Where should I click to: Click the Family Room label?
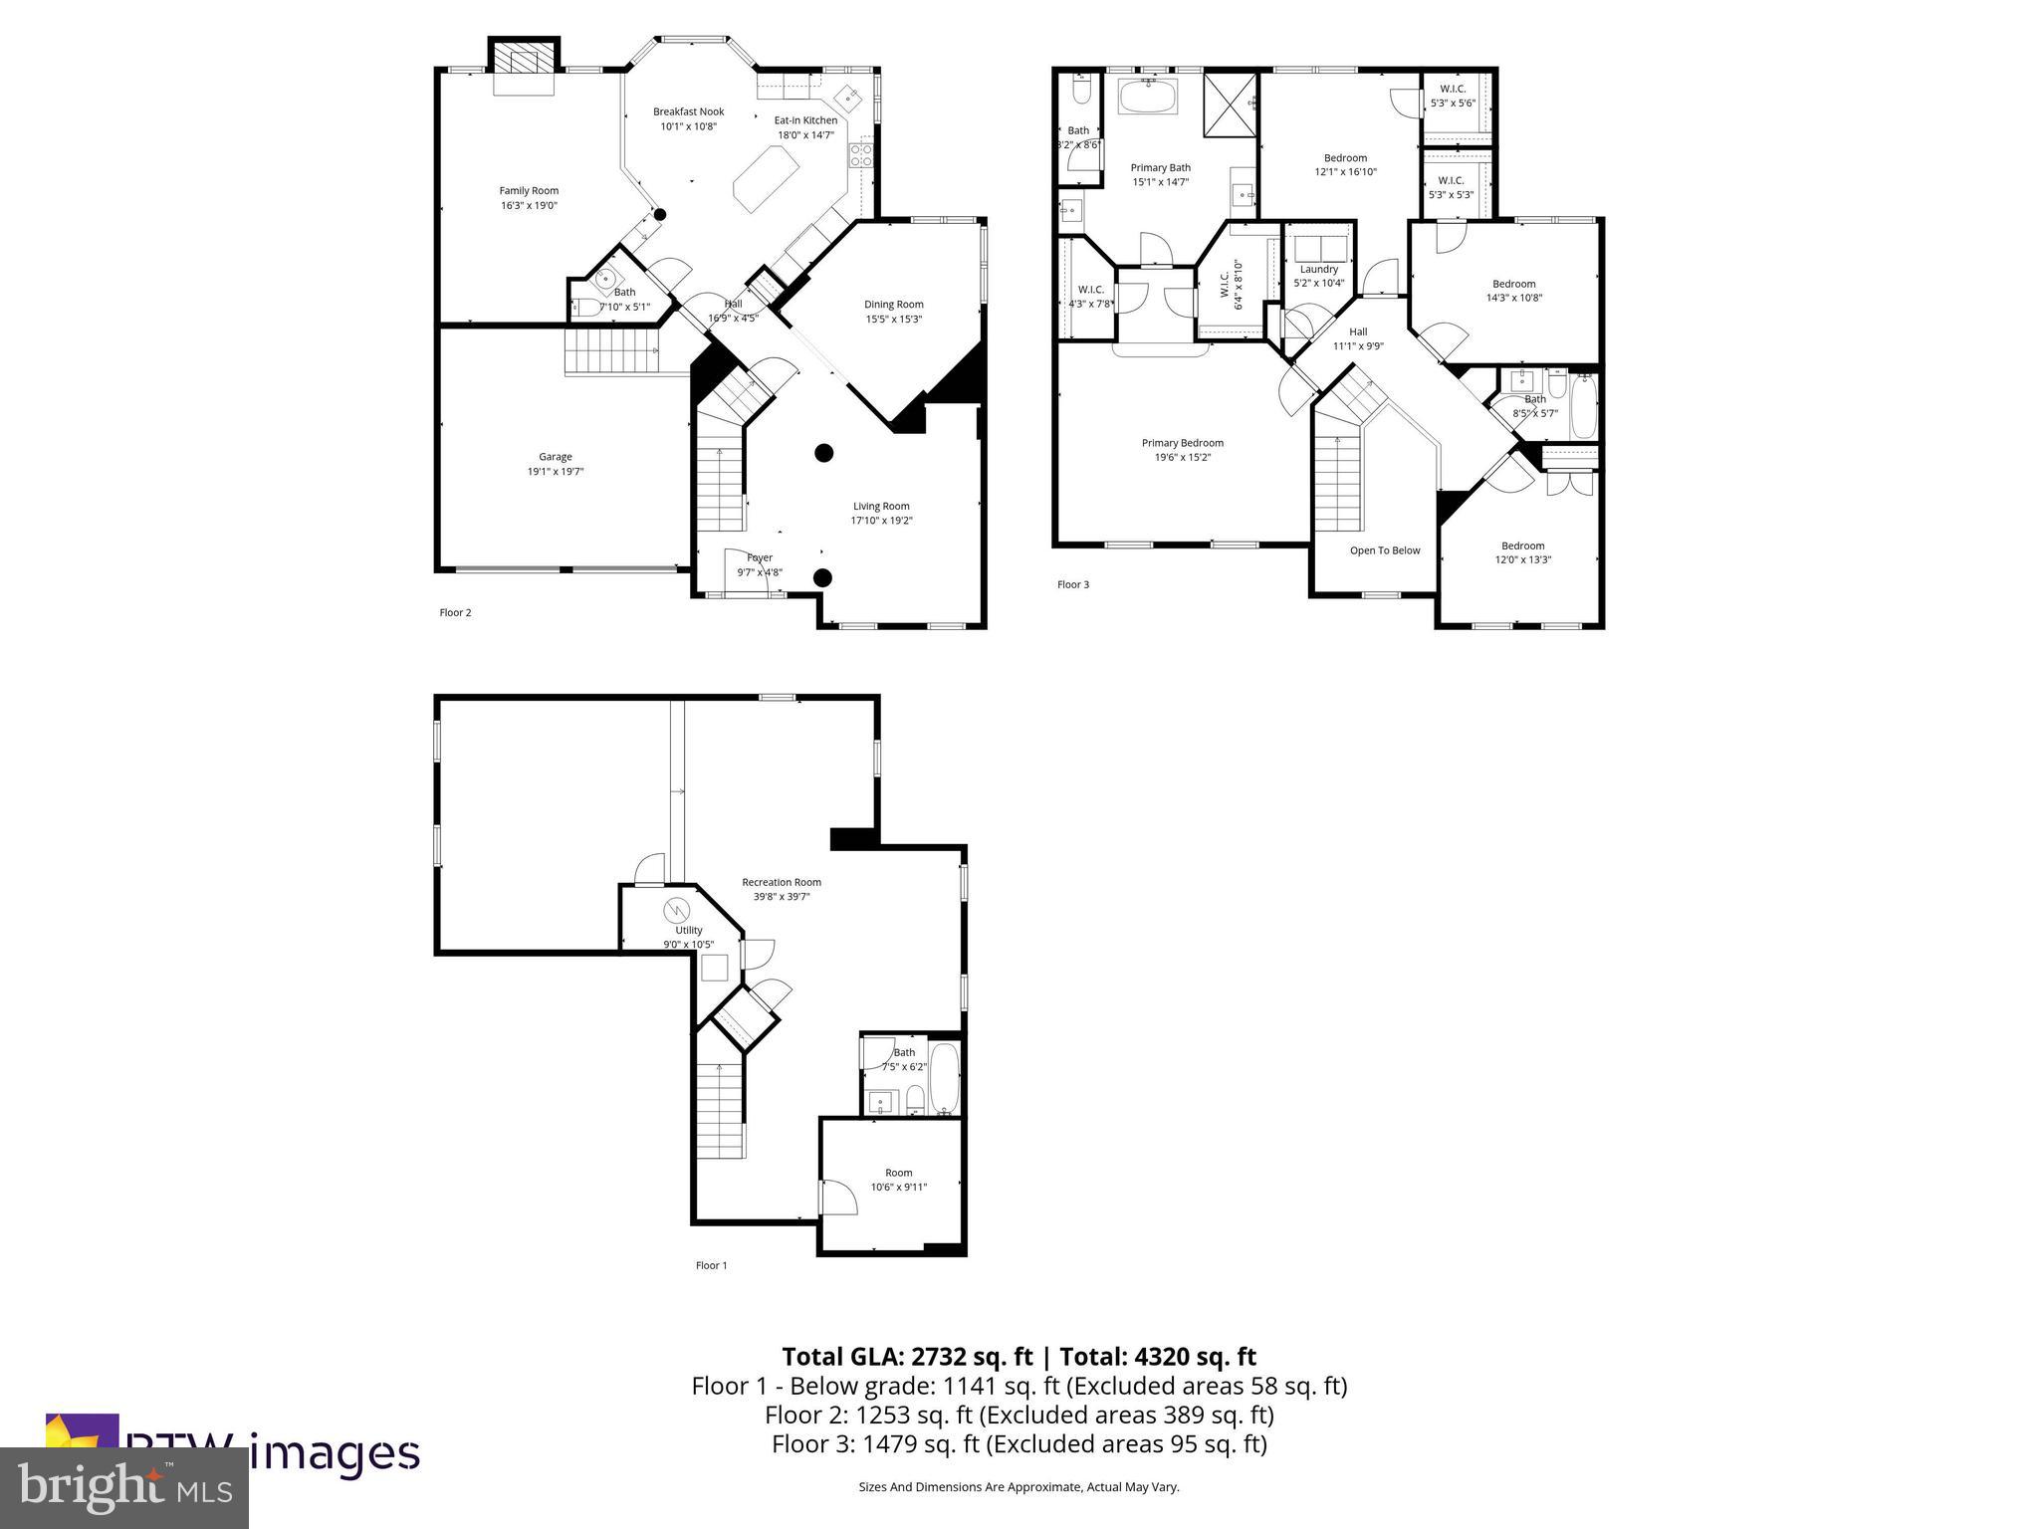tap(529, 190)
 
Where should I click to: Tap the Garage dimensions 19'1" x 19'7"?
tap(556, 472)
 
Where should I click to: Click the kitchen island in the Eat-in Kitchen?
tap(767, 178)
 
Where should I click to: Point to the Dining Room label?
tap(893, 305)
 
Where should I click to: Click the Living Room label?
tap(881, 506)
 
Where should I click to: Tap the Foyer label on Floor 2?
tap(760, 557)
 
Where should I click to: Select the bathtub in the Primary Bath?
tap(1148, 97)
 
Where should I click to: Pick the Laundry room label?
tap(1318, 269)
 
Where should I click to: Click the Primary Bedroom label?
tap(1182, 443)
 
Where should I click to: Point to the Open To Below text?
tap(1384, 550)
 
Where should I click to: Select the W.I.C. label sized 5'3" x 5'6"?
tap(1452, 96)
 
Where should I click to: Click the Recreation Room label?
tap(782, 882)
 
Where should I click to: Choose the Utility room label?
tap(688, 930)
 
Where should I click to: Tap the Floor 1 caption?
tap(711, 1265)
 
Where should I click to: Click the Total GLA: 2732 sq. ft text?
tap(906, 1357)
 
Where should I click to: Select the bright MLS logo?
tap(124, 1487)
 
